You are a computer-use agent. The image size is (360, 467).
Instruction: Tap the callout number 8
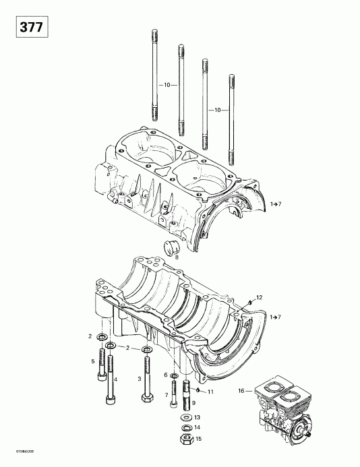177,257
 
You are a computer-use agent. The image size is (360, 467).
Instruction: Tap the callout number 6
165,375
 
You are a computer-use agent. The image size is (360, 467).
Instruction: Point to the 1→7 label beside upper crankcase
276,203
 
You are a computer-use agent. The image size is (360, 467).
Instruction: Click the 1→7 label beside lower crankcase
276,316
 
